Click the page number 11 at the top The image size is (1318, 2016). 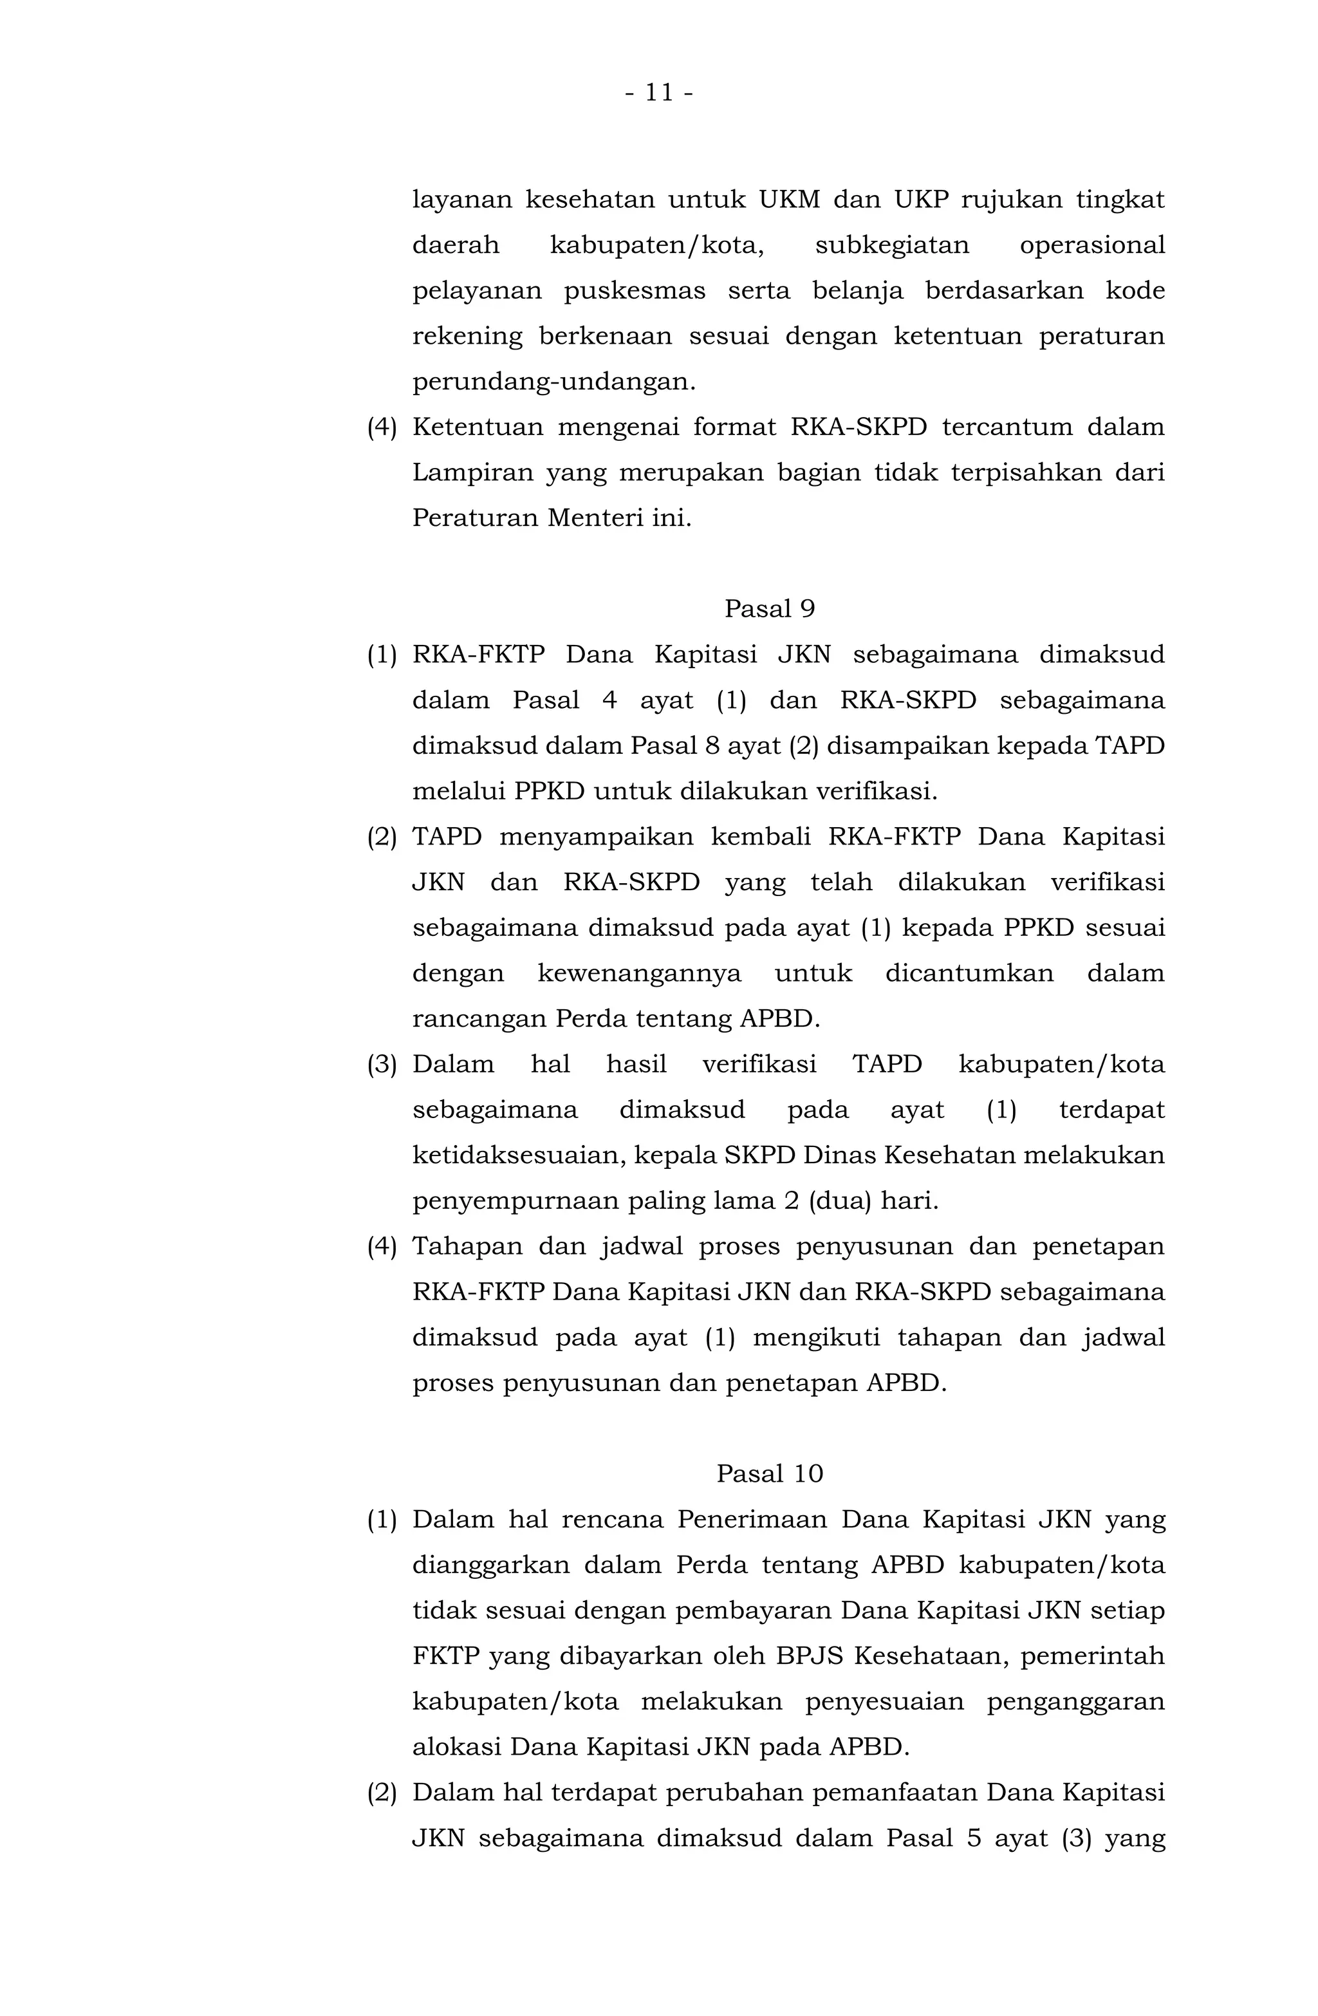[659, 92]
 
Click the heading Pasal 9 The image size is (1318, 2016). [769, 608]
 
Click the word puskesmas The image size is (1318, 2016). [635, 290]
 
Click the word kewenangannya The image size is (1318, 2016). [640, 973]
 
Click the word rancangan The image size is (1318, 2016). [479, 1018]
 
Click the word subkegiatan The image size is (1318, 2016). [891, 246]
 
